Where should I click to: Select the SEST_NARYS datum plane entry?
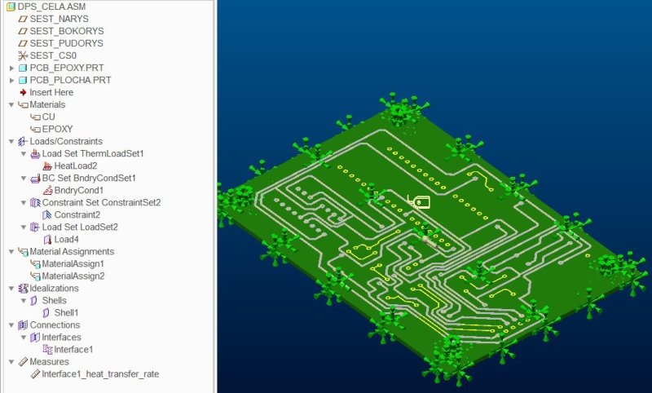coord(59,19)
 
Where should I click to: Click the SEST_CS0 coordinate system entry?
coord(53,55)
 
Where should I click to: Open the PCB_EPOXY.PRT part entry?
coord(67,68)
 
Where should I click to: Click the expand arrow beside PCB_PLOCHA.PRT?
coord(11,80)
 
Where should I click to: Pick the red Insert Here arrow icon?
coord(23,92)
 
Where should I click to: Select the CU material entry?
coord(48,117)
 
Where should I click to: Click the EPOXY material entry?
coord(57,129)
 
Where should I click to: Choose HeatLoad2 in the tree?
coord(76,166)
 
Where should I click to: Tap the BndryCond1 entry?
coord(79,191)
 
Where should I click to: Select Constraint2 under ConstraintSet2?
coord(77,215)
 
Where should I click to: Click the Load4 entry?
coord(67,240)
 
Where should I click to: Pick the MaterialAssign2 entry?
coord(73,276)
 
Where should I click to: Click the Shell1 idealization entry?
coord(66,313)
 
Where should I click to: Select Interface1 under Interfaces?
coord(73,350)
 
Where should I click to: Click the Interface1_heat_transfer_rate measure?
coord(100,374)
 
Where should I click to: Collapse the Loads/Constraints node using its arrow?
coord(11,141)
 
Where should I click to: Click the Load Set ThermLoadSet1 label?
coord(93,154)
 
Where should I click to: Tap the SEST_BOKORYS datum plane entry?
coord(67,31)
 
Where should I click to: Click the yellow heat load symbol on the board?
coord(419,201)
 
